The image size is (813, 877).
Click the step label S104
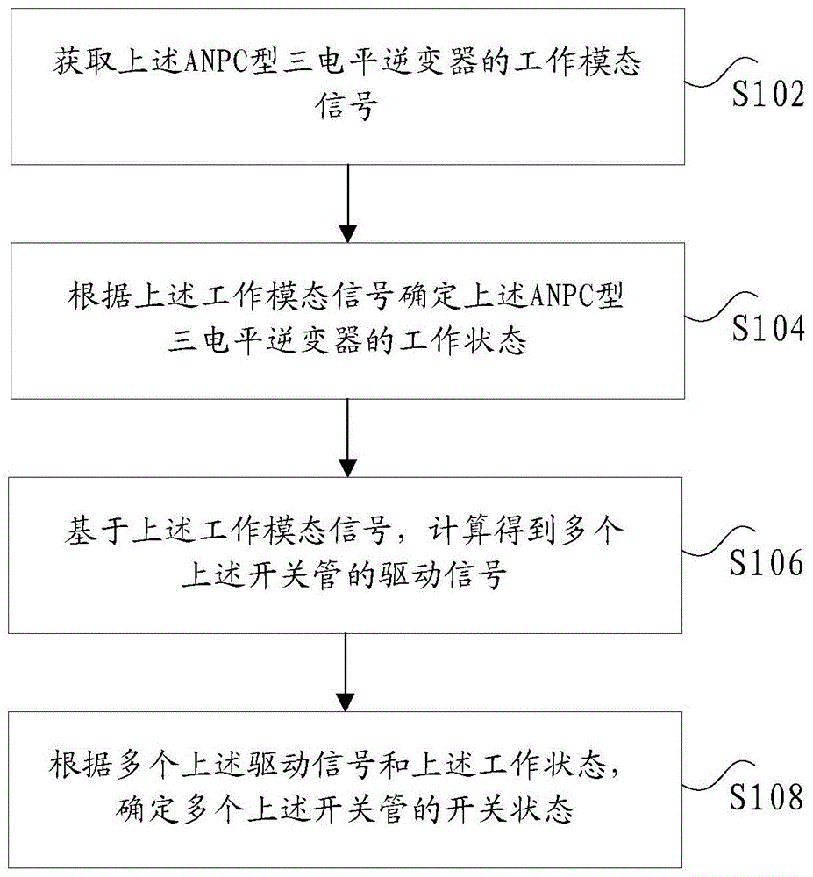coord(768,328)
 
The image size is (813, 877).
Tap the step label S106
coord(768,562)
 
